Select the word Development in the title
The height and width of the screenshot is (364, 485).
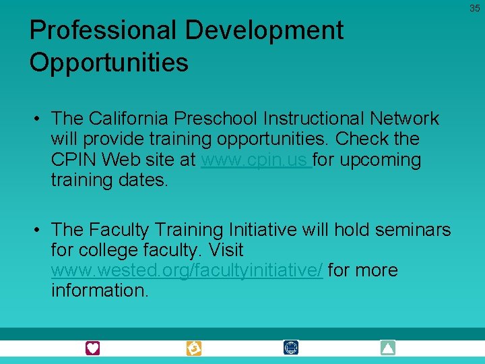(264, 30)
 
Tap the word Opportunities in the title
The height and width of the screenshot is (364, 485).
(108, 63)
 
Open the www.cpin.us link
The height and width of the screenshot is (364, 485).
(255, 160)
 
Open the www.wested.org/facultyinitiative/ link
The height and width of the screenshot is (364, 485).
(187, 270)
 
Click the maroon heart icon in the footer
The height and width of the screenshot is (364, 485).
(92, 348)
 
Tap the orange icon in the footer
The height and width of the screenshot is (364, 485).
(194, 348)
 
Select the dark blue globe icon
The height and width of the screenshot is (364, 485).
(291, 348)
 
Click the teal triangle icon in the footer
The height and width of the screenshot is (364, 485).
(387, 348)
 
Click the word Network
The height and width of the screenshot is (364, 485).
(404, 119)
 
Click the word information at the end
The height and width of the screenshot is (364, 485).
(99, 291)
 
